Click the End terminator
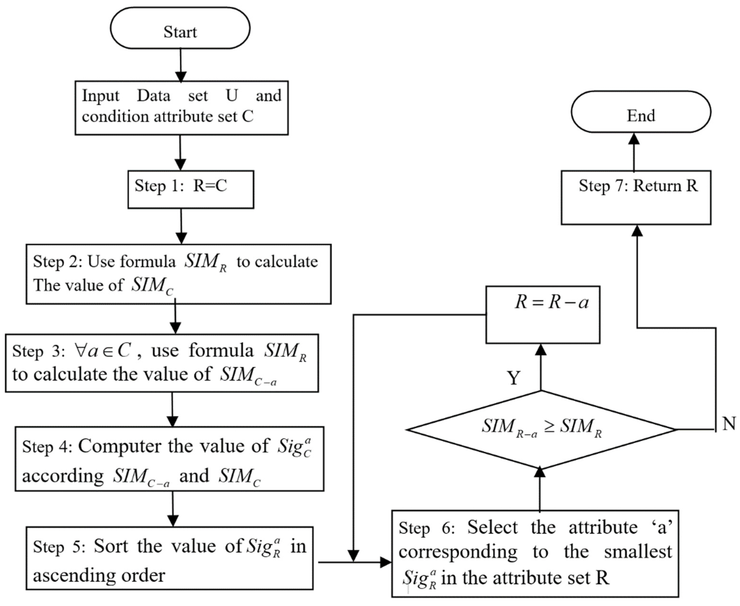click(x=641, y=112)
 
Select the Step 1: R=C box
click(x=191, y=190)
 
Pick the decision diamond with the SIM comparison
click(x=541, y=429)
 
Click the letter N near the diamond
click(x=729, y=423)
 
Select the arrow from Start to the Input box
click(x=181, y=65)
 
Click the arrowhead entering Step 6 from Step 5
click(x=386, y=562)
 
